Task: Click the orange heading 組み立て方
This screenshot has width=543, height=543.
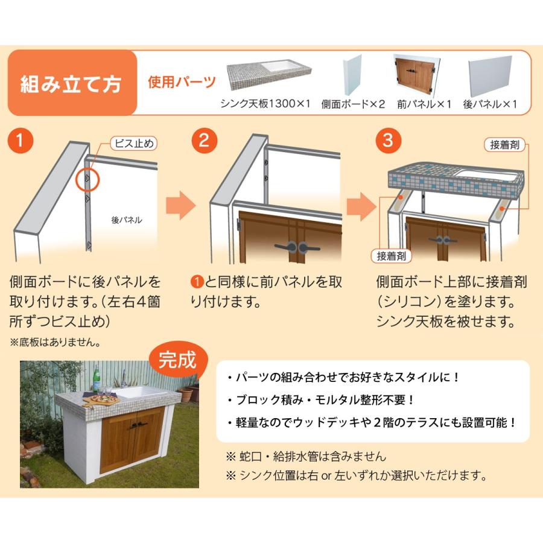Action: click(71, 83)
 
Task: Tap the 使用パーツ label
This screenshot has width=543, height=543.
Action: click(182, 81)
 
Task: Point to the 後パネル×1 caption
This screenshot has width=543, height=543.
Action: click(491, 104)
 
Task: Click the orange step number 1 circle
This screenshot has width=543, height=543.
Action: click(21, 141)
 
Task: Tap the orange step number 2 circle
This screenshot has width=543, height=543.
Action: click(204, 141)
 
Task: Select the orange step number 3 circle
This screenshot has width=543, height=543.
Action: click(388, 141)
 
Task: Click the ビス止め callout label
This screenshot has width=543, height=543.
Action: click(134, 144)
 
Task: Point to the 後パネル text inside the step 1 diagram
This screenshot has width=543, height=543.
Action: click(127, 220)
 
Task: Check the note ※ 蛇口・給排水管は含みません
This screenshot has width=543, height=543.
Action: click(306, 456)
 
